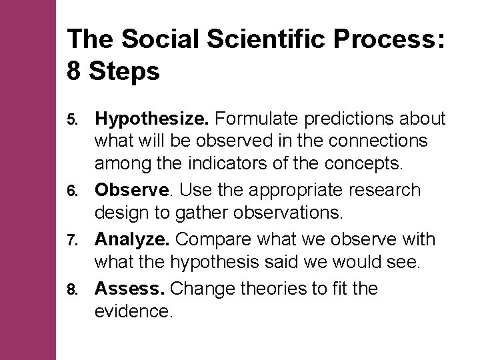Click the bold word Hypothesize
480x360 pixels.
coord(153,119)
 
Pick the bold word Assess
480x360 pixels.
coord(131,289)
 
